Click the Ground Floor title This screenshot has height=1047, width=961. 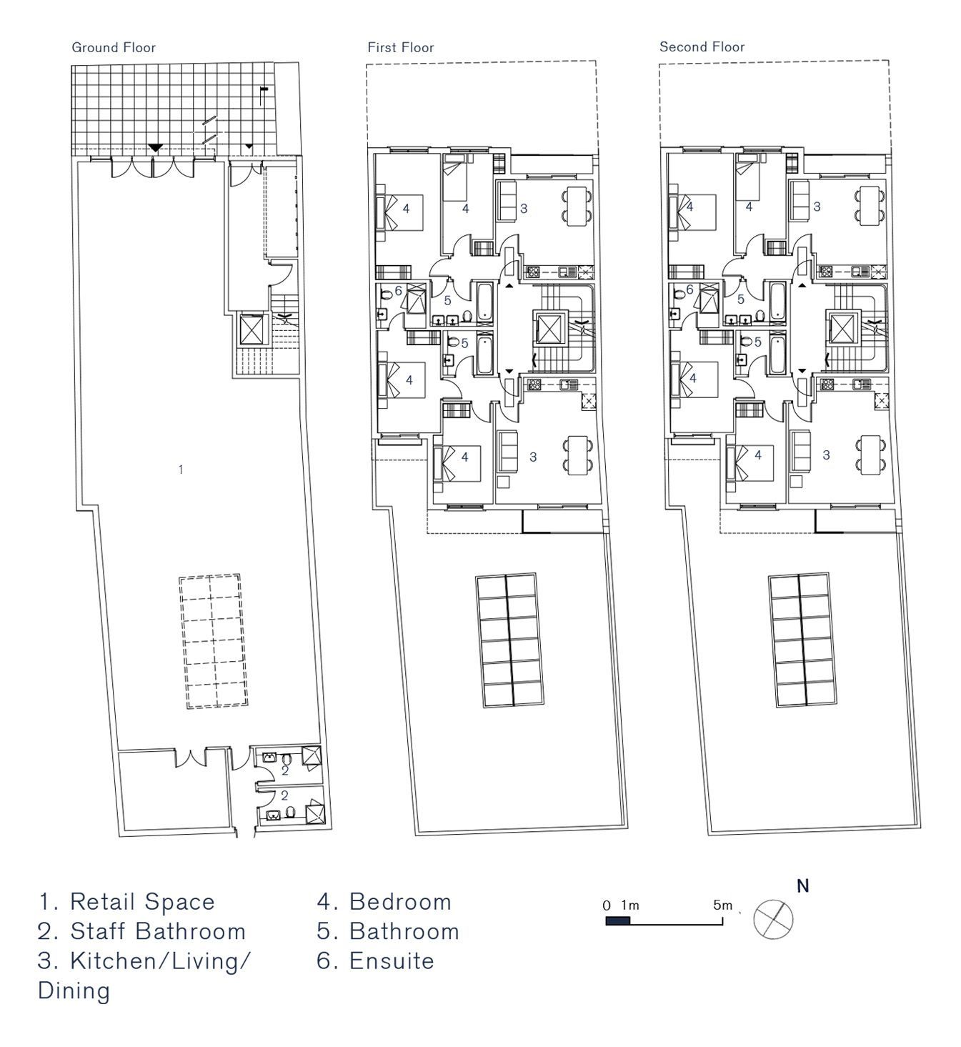[114, 47]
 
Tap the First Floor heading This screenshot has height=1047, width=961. [401, 47]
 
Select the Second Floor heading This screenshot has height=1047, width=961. [702, 47]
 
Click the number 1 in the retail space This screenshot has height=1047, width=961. [181, 470]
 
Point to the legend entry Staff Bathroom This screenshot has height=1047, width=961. [141, 932]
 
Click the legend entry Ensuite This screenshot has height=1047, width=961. [375, 961]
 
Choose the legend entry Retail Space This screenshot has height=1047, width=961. [127, 902]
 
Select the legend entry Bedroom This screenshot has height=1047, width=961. [384, 902]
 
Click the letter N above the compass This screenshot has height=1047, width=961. [803, 886]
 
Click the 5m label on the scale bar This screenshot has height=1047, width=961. [723, 905]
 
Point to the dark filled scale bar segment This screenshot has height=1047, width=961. [618, 921]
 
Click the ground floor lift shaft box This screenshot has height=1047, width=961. [254, 329]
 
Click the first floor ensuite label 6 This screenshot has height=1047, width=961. [398, 291]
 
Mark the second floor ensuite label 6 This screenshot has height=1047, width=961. [689, 289]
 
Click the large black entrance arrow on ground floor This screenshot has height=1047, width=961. [155, 148]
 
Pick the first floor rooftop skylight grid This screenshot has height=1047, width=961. [510, 640]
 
